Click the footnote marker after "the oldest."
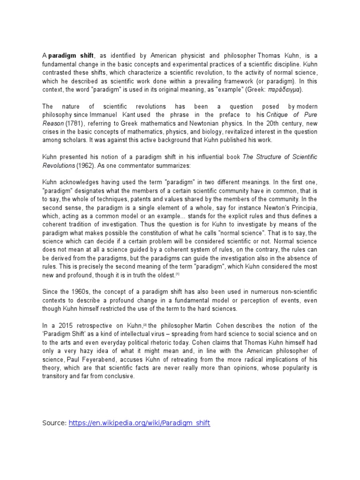pyautogui.click(x=178, y=274)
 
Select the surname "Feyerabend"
pyautogui.click(x=99, y=360)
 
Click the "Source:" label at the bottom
pyautogui.click(x=54, y=423)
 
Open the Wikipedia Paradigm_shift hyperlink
pyautogui.click(x=139, y=423)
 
